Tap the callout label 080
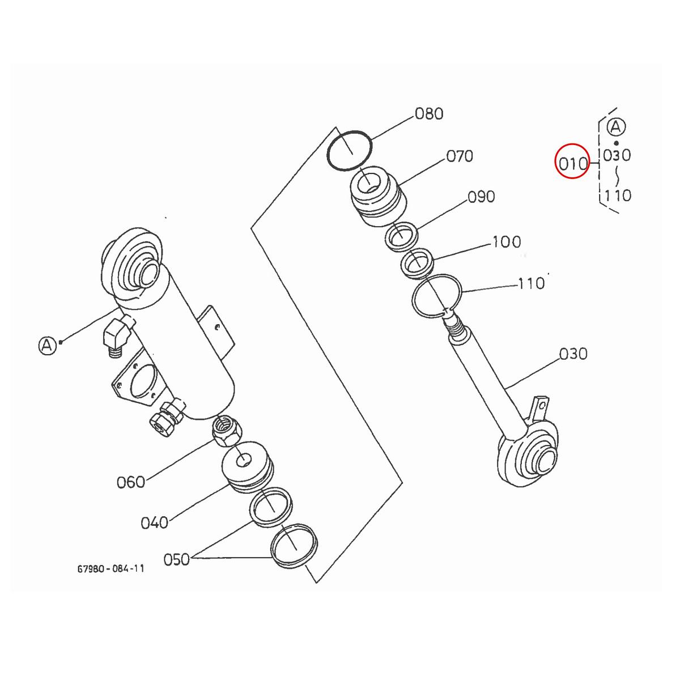429,113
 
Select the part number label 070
460,156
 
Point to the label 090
481,197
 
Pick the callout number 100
506,242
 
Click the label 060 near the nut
131,482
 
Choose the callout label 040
154,522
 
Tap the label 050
176,560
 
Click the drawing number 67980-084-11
110,568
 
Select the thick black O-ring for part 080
350,151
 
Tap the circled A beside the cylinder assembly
48,344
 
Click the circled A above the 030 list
617,127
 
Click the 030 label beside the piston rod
573,354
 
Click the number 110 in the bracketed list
617,195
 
